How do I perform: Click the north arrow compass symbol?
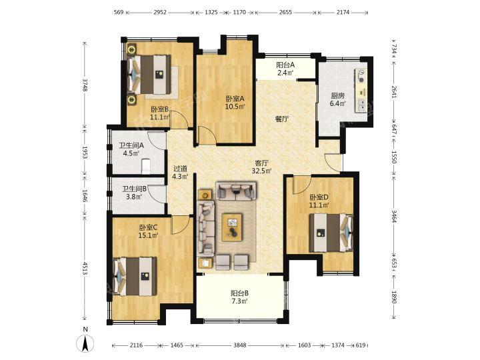pos(85,343)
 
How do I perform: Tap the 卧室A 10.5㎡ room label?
pos(235,103)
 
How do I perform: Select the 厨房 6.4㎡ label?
pos(337,99)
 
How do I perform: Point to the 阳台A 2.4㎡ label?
pos(285,69)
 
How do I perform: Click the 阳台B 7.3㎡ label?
pos(239,297)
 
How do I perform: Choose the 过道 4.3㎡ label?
pos(180,173)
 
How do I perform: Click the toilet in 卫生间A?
pos(146,166)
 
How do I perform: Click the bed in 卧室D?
pos(331,233)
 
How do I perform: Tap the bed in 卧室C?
pos(135,277)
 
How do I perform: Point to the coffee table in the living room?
pos(232,227)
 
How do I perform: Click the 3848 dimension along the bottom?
pos(240,345)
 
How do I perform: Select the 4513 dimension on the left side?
pos(85,268)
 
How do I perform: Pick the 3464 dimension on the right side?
pos(394,215)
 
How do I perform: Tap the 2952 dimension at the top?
pos(160,12)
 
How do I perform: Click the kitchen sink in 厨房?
pos(361,105)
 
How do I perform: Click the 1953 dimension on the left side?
pos(85,152)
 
